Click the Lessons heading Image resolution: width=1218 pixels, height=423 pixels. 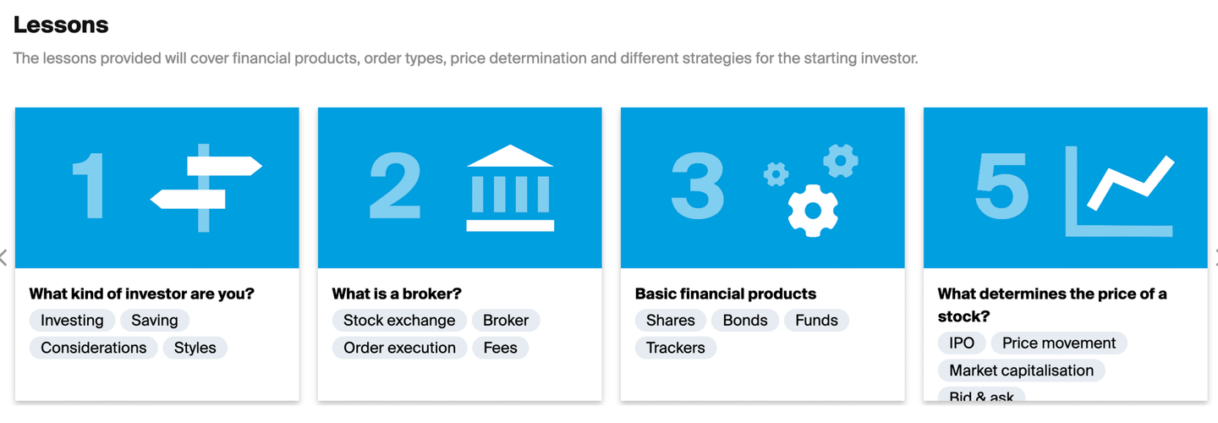click(x=61, y=25)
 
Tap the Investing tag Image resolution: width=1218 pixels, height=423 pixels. click(x=72, y=321)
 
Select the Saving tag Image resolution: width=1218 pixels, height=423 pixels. click(x=155, y=321)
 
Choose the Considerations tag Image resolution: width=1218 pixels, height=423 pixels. click(x=94, y=348)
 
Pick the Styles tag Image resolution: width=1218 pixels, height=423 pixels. click(x=195, y=348)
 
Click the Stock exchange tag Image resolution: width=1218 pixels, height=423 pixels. click(x=399, y=321)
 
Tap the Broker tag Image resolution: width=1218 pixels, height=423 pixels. click(x=506, y=321)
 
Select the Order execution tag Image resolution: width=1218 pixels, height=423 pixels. click(x=399, y=348)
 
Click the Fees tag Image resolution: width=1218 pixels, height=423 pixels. click(x=500, y=348)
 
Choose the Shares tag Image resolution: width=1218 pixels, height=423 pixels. click(x=671, y=321)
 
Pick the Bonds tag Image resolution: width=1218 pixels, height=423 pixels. click(x=745, y=321)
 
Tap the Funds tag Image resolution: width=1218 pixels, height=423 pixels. click(x=816, y=321)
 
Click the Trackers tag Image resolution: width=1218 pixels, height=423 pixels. click(x=675, y=348)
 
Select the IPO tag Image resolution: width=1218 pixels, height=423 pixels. click(x=962, y=343)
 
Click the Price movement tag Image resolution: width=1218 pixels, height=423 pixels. click(x=1059, y=343)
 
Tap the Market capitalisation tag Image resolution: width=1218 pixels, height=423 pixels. click(x=1021, y=371)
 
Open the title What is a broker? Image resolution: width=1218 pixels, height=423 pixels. click(x=397, y=294)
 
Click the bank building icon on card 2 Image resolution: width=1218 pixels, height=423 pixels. click(x=510, y=188)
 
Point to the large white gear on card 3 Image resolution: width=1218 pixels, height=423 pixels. click(x=813, y=211)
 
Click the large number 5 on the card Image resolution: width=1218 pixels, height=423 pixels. click(x=1001, y=185)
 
